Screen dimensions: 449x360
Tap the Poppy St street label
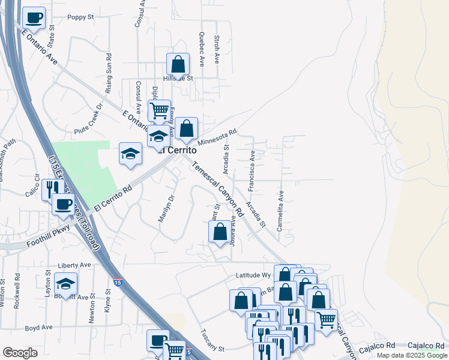coord(80,17)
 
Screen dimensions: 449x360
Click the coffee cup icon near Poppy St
coord(34,18)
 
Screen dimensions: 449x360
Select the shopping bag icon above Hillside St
coord(178,64)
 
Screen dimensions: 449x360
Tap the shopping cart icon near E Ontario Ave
coord(159,110)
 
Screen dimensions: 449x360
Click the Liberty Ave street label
coord(74,265)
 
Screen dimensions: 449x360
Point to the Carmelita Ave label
coord(280,211)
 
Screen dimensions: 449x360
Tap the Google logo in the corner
coord(20,353)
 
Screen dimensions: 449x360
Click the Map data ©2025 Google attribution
coord(411,355)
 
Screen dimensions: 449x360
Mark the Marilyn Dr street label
coord(166,208)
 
